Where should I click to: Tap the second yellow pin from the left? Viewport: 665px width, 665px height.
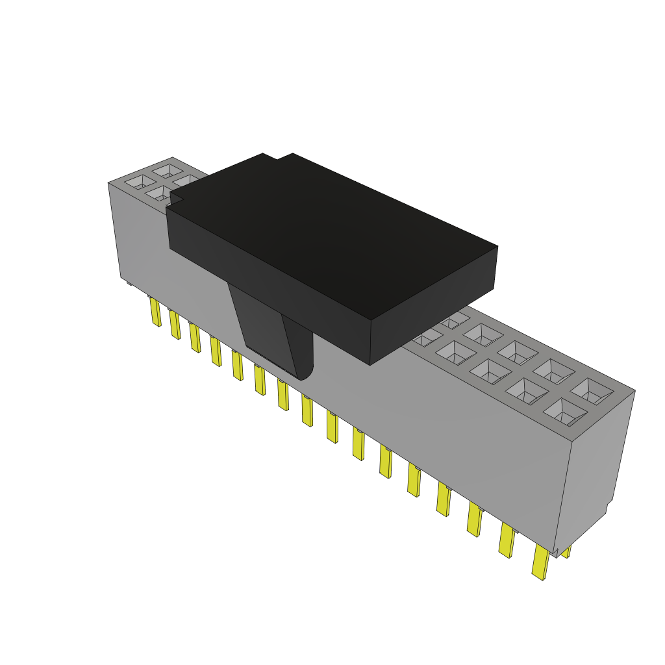[x=175, y=325]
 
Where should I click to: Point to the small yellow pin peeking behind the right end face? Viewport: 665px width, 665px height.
[x=566, y=552]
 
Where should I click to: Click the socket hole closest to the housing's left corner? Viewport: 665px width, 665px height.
[x=138, y=182]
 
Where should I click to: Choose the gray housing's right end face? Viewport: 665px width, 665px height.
[x=599, y=468]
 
